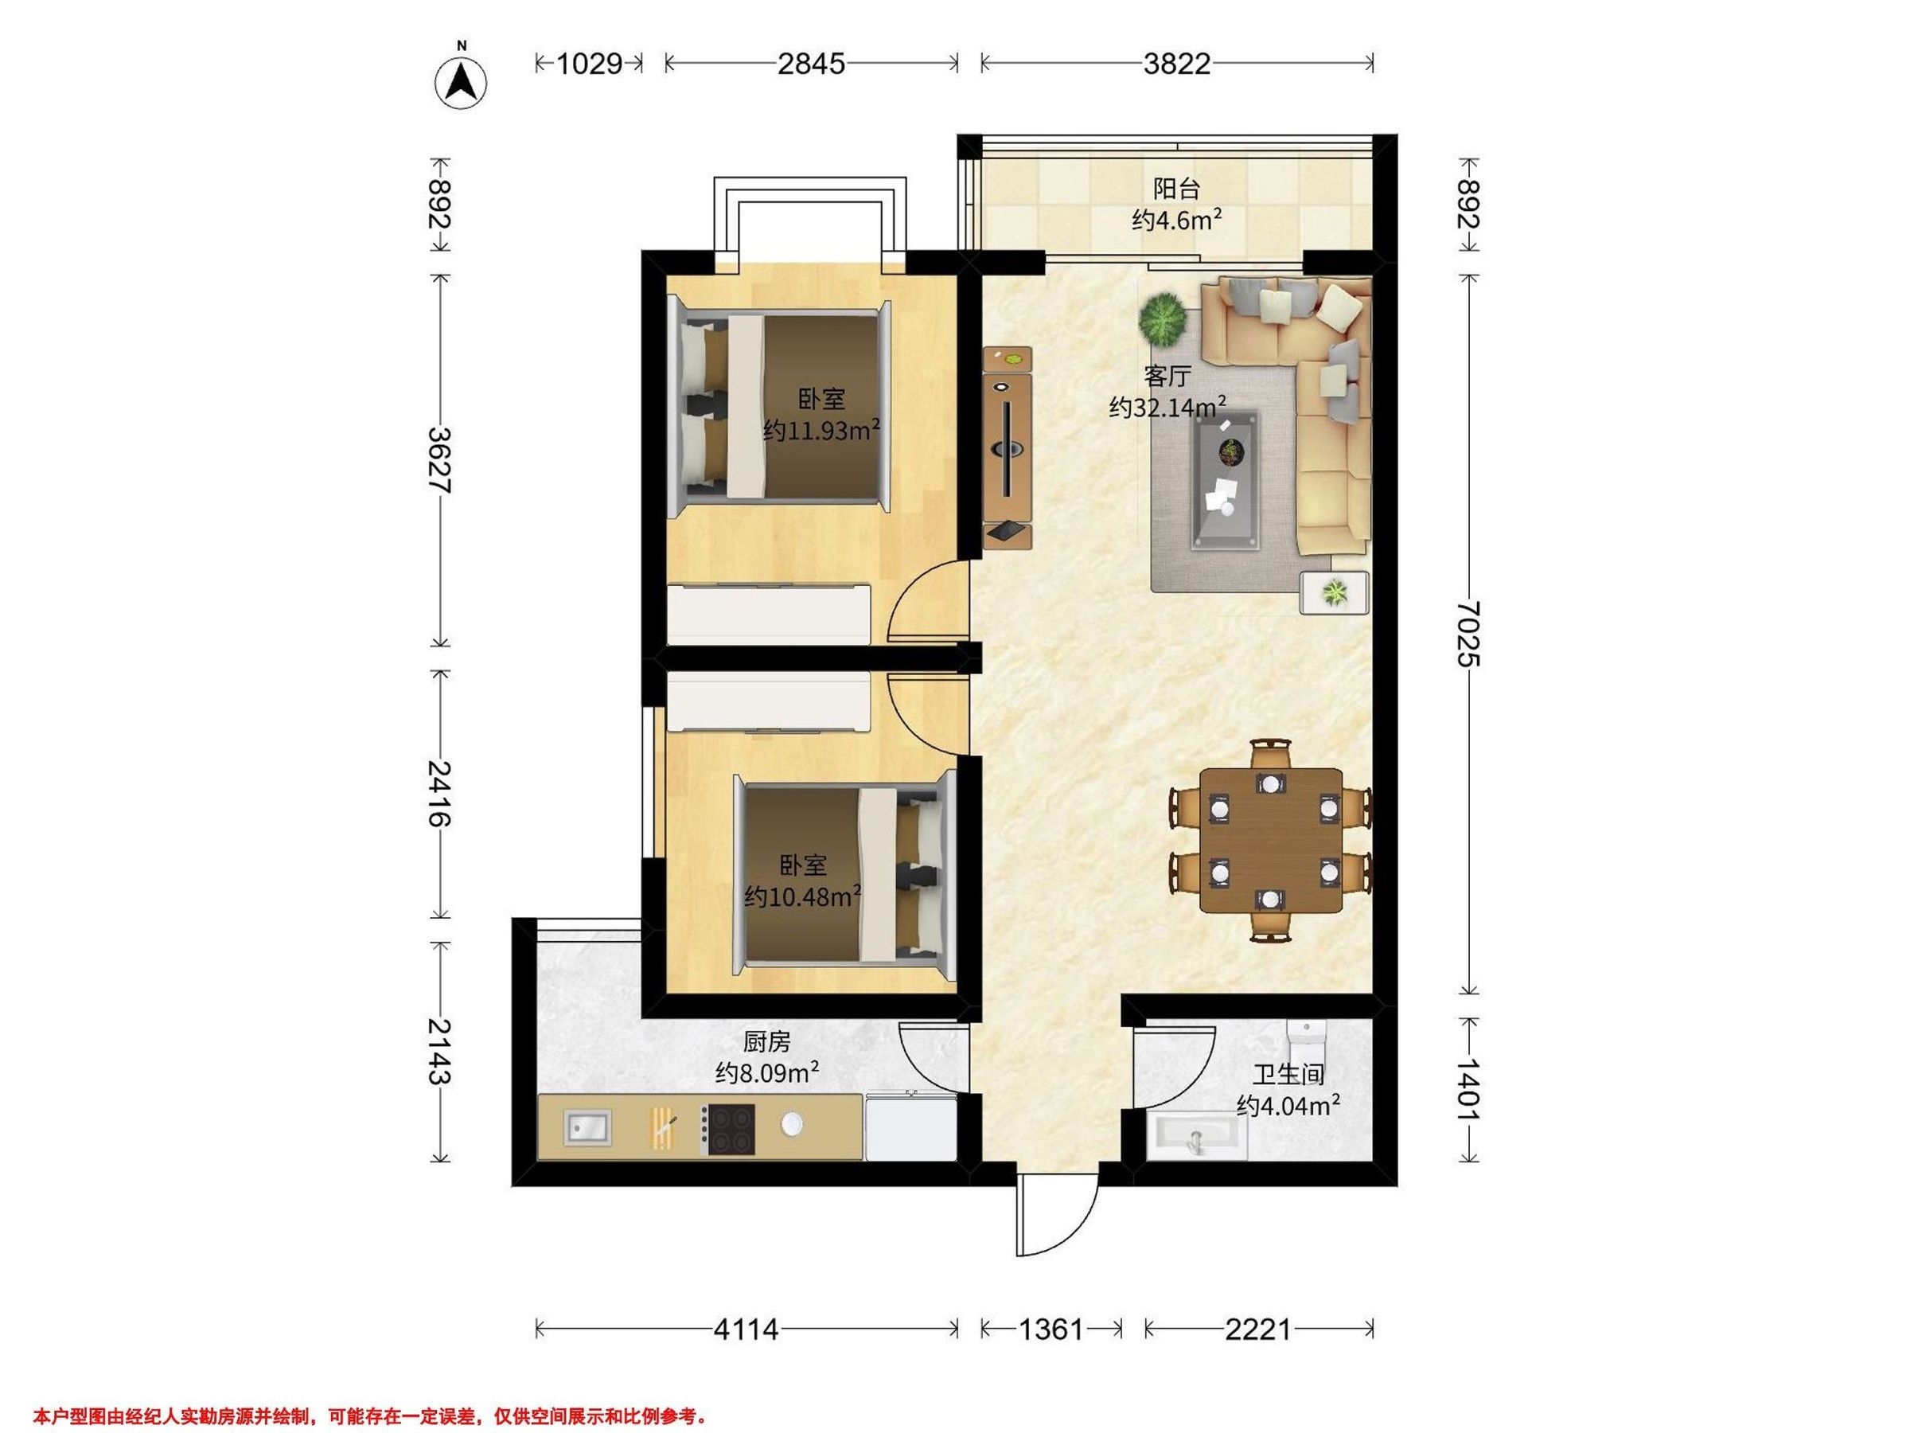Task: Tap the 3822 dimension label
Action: point(1176,64)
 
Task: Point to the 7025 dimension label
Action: point(1467,634)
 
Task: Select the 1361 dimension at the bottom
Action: point(1050,1329)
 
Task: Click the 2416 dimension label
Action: point(439,793)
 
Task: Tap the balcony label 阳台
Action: point(1176,189)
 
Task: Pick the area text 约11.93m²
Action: point(821,429)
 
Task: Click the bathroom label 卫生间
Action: point(1288,1075)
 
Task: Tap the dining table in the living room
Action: point(1271,841)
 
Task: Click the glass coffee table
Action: point(1226,479)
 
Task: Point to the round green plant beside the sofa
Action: point(1162,318)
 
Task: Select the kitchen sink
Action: point(587,1128)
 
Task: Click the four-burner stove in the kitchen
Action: point(727,1128)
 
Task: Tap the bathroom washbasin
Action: point(1198,1137)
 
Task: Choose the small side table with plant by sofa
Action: point(1334,592)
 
